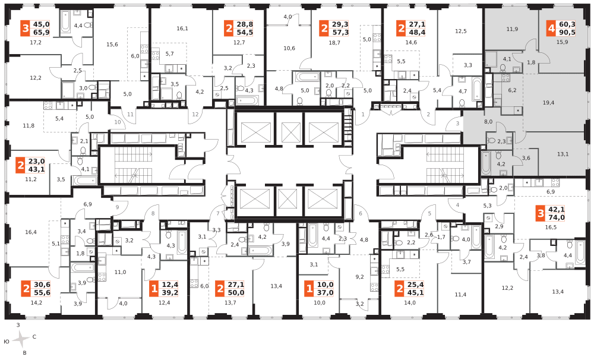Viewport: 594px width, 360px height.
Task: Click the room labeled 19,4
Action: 548,103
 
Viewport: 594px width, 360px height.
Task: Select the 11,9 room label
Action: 512,29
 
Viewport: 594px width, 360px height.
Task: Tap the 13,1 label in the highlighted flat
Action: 563,154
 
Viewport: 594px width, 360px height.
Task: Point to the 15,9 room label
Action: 562,42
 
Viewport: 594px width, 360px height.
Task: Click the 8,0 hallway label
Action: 488,121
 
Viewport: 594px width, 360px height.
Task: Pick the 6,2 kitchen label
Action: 513,90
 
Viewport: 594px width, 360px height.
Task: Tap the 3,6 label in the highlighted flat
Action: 526,158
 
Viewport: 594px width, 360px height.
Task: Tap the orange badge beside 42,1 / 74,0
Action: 540,213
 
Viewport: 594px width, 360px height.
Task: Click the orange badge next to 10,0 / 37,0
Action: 308,289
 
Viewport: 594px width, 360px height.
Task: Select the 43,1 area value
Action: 37,169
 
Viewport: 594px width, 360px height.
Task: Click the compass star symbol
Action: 21,339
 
